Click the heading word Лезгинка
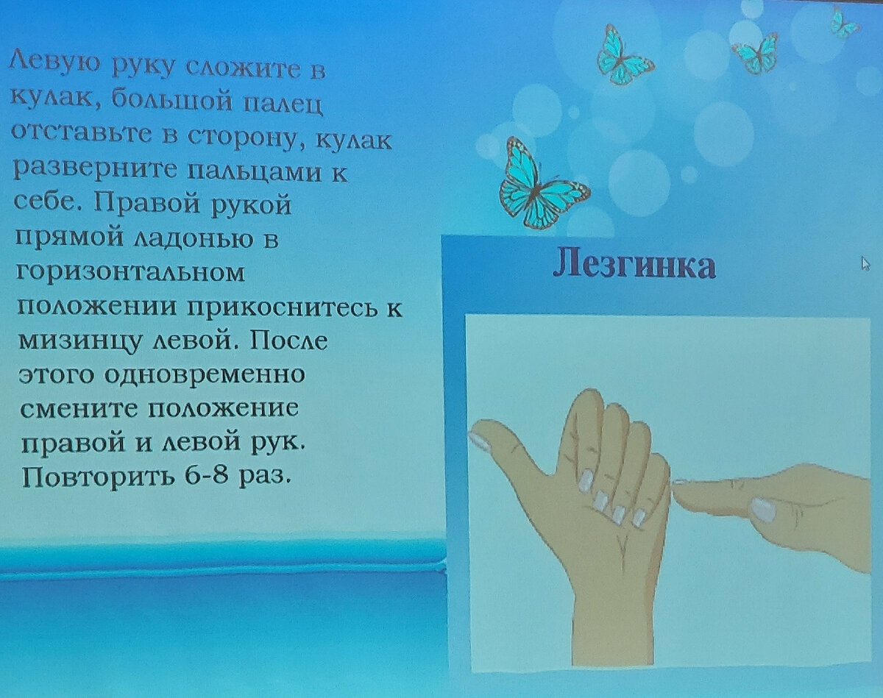[x=634, y=266]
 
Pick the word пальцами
[x=254, y=173]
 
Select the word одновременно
[x=205, y=374]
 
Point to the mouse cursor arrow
[x=865, y=264]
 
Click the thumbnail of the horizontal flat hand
[x=763, y=510]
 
